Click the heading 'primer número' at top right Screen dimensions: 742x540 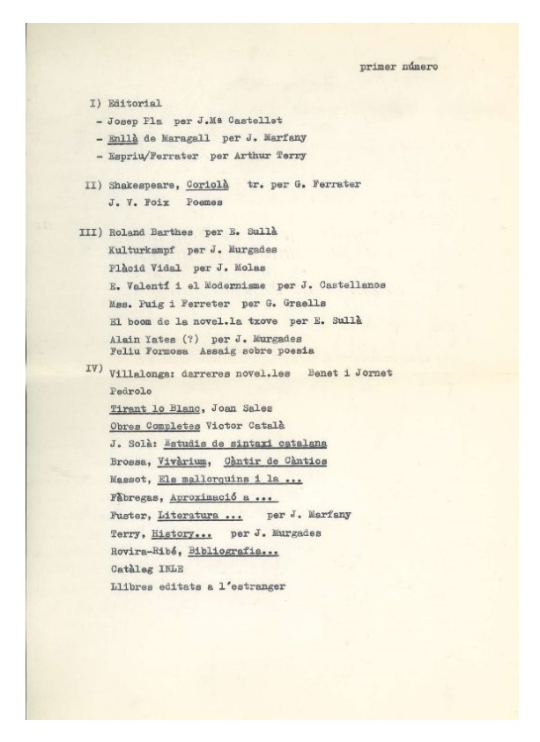[x=399, y=65]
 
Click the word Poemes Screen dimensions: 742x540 [x=205, y=202]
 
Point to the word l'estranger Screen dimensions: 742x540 [x=249, y=587]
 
